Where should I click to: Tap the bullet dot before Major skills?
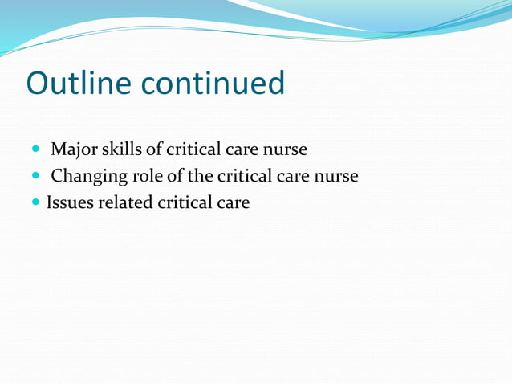point(36,149)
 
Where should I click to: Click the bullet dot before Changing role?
point(36,176)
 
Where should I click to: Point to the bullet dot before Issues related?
point(36,202)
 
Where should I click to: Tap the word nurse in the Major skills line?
point(284,149)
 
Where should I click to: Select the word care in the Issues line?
point(234,202)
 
